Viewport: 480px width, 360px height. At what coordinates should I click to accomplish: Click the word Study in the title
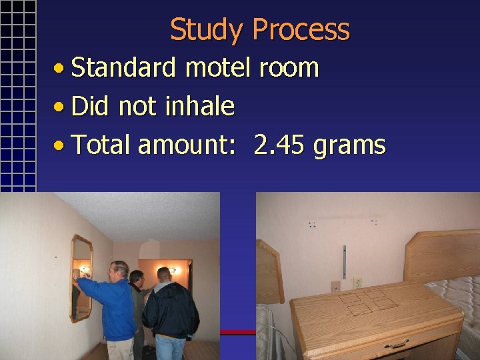207,30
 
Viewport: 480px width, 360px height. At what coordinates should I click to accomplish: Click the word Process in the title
301,30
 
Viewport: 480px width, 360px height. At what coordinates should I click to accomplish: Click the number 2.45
279,145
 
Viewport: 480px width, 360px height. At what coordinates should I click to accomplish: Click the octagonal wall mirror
81,277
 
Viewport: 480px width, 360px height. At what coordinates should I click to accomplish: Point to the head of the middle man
137,277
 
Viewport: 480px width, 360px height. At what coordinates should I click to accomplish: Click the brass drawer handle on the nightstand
397,344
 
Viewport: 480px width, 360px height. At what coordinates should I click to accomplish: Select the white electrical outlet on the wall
357,283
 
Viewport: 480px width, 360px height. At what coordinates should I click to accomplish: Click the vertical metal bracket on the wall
344,261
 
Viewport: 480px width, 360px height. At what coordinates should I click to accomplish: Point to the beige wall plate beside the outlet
335,287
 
